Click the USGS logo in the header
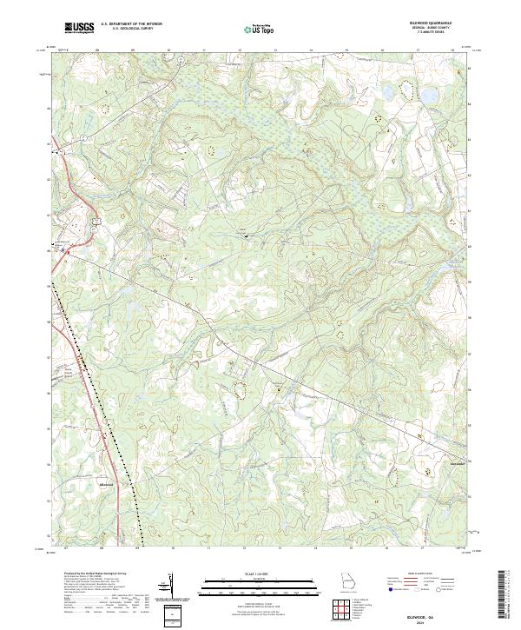click(x=80, y=28)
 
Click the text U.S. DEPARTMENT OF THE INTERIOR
click(x=131, y=23)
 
